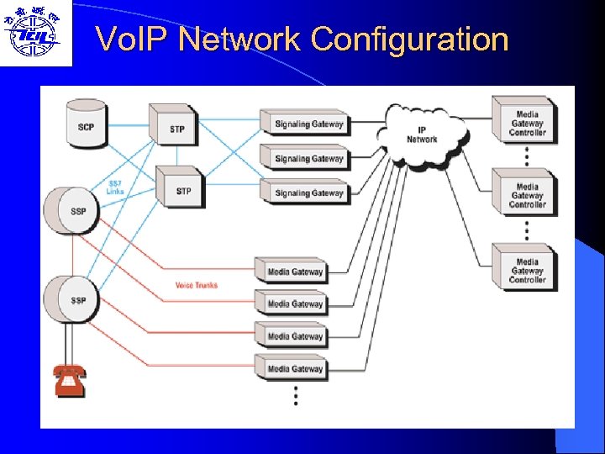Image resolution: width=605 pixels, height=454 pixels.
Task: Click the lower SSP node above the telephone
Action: [75, 298]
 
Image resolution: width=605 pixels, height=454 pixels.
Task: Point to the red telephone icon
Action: [69, 380]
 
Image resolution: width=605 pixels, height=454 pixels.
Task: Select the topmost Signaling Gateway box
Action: [308, 124]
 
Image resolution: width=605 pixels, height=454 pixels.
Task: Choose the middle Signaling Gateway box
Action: [308, 159]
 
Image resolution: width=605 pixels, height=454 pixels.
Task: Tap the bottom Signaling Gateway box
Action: [308, 193]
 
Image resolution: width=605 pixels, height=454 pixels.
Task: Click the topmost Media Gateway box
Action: [294, 272]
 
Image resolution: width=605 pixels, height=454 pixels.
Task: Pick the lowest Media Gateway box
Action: [294, 368]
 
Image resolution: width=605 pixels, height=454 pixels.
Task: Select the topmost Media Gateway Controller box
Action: [526, 122]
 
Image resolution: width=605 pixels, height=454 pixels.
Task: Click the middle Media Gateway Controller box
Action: [526, 194]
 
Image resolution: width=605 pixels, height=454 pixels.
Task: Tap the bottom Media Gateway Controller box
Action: [526, 269]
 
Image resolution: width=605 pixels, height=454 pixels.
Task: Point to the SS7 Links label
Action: [115, 187]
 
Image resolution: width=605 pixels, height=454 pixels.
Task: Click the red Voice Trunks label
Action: [196, 285]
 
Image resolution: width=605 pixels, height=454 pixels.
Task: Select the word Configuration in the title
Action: [409, 39]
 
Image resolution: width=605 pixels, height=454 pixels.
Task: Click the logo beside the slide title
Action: [34, 32]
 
